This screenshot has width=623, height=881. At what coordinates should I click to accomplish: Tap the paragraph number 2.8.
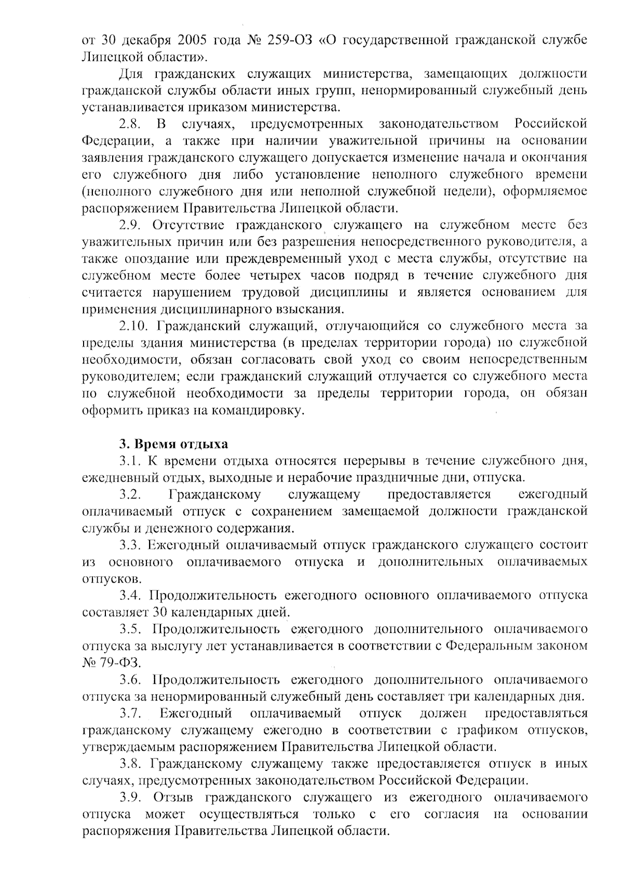click(x=130, y=124)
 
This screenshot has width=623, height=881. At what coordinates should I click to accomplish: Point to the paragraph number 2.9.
click(x=130, y=225)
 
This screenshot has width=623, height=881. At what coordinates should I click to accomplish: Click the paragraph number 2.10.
click(x=134, y=326)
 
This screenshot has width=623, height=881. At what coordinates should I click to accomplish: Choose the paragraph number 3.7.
click(x=130, y=713)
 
